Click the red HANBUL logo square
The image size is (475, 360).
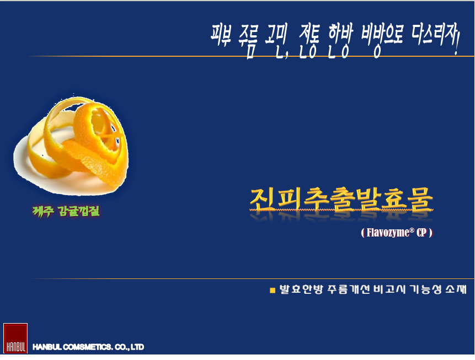click(15, 338)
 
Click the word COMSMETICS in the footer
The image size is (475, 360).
click(88, 347)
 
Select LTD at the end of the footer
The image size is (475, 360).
click(137, 347)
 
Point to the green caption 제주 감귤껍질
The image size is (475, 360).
click(66, 211)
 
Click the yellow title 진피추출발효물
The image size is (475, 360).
click(341, 199)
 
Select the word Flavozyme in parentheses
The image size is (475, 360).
click(388, 233)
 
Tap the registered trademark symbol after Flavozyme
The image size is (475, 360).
click(412, 230)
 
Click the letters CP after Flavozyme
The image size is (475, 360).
click(421, 233)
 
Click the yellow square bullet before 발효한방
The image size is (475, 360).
click(273, 291)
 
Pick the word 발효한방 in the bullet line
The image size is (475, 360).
click(301, 289)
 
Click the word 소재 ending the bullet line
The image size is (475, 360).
click(456, 289)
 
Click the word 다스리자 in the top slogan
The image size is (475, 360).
click(433, 34)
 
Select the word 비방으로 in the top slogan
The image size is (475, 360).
click(382, 38)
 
